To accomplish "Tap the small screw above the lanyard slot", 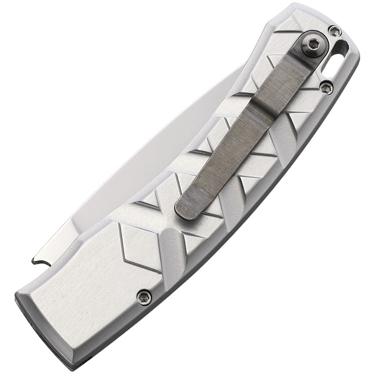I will (335, 31).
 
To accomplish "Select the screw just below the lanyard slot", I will (326, 88).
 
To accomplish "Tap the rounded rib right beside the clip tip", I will (231, 198).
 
